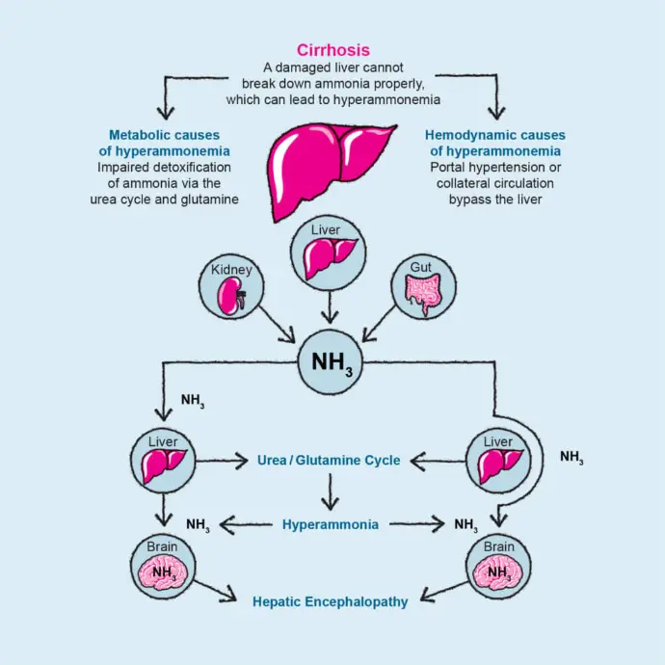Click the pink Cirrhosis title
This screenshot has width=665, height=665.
coord(332,50)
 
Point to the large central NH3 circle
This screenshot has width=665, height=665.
coord(332,361)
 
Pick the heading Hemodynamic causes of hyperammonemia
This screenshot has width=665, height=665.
coord(495,144)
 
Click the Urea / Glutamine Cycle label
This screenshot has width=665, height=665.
coord(329,461)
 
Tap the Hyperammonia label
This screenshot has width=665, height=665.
coord(331,525)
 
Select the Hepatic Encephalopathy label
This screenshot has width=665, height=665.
coord(331,601)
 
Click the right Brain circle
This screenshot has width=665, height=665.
coord(498,570)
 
